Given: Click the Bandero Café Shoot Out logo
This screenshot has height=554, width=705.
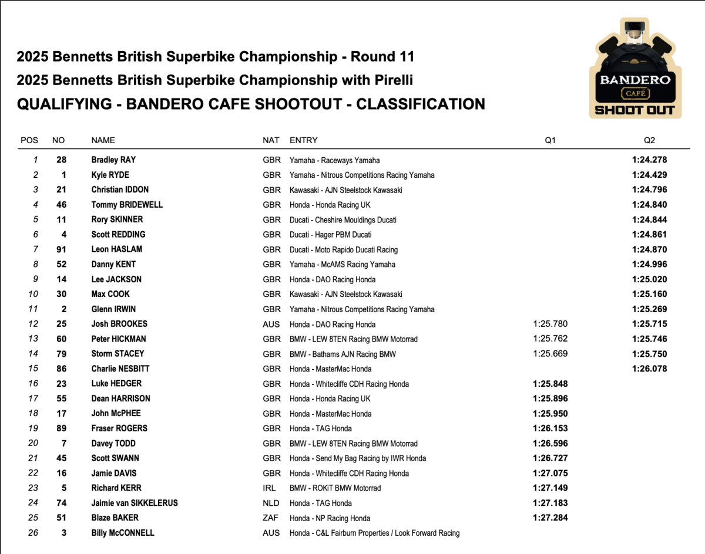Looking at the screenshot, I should tap(634, 69).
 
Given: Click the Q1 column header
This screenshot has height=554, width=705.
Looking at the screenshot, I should tap(550, 140).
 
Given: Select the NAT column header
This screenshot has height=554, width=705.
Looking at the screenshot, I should tap(271, 140).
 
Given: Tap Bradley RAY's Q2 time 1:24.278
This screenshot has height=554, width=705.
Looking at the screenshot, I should tap(649, 160).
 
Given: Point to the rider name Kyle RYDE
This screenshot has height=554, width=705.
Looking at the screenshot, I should tap(110, 175).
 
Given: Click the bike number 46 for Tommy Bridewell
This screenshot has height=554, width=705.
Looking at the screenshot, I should tap(62, 205).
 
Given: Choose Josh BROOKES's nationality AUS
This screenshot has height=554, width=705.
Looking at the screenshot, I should tap(271, 324).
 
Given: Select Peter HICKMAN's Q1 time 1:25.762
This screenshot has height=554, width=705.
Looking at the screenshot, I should tap(550, 339).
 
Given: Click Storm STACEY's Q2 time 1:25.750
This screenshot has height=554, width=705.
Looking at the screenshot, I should tap(649, 354).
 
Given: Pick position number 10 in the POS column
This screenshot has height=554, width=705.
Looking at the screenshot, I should tap(35, 294).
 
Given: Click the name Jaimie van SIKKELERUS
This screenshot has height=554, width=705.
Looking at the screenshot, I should tap(135, 503).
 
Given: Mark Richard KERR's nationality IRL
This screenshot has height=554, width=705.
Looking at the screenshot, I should tap(270, 488).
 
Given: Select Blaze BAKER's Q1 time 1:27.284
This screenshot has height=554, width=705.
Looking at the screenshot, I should tap(550, 518).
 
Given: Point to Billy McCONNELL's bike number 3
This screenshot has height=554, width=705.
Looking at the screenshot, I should tap(64, 533).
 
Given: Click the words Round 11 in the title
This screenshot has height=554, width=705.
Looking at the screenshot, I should tap(382, 57).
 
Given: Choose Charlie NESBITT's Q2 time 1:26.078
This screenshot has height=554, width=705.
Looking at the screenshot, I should tap(649, 369).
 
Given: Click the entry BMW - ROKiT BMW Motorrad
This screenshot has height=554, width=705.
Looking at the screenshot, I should tap(335, 488).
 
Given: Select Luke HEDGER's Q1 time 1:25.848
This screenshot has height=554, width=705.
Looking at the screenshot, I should tap(550, 384).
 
